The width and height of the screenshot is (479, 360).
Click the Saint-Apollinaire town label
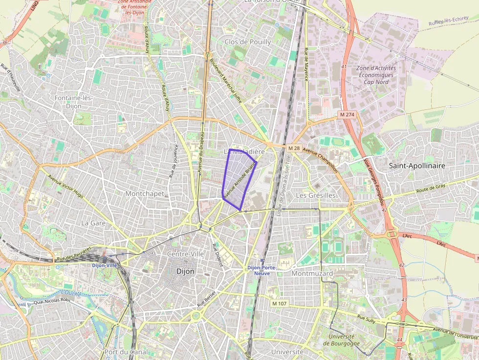[x=417, y=166]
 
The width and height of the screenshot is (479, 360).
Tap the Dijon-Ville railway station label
[x=105, y=265]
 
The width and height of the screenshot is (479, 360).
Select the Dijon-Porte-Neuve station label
[x=262, y=270]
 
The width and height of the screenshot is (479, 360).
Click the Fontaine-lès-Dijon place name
[x=74, y=102]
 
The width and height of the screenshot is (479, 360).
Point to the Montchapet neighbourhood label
[x=145, y=193]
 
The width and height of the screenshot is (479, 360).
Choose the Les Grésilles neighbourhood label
[x=316, y=195]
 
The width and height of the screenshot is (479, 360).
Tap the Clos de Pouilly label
[x=248, y=42]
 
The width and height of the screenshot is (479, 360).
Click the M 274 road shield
[x=347, y=114]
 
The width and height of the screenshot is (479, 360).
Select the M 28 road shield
[x=293, y=148]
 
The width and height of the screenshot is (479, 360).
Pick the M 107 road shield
[x=280, y=303]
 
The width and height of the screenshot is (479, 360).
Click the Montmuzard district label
[x=312, y=274]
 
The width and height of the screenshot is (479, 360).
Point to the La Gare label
[x=93, y=223]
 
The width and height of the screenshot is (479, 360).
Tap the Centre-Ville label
[x=185, y=254]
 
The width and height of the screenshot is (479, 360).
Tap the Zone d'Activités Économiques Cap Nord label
[x=376, y=75]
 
